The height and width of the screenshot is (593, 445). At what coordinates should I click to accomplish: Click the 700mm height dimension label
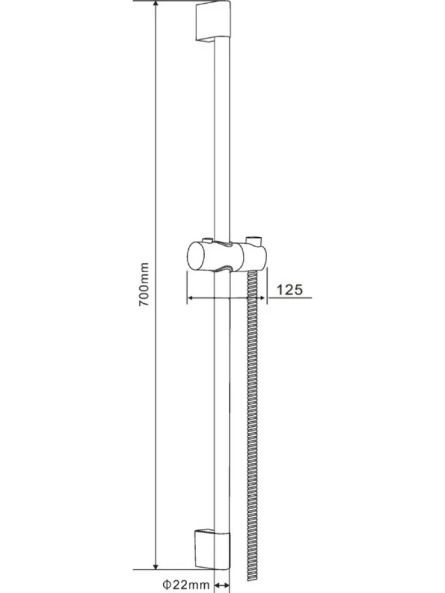pyautogui.click(x=144, y=284)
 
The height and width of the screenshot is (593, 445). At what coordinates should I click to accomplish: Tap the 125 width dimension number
pyautogui.click(x=290, y=290)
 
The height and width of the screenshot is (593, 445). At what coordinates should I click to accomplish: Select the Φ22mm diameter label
pyautogui.click(x=186, y=584)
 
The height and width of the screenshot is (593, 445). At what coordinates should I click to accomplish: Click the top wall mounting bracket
pyautogui.click(x=212, y=22)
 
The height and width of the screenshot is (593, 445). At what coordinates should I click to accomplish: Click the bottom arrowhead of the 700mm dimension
pyautogui.click(x=156, y=564)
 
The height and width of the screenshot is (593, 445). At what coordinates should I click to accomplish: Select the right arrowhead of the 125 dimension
pyautogui.click(x=262, y=298)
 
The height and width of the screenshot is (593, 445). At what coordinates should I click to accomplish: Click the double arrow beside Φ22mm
pyautogui.click(x=222, y=584)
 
